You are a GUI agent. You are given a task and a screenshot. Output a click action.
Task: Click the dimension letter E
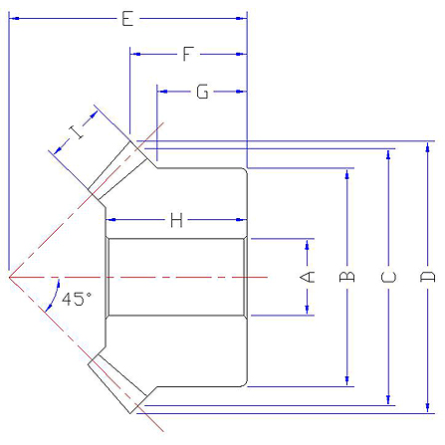click(x=127, y=19)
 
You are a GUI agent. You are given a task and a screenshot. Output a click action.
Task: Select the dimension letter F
click(x=188, y=54)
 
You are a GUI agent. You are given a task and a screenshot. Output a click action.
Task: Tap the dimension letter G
click(x=202, y=92)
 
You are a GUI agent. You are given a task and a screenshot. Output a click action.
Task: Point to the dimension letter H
click(x=176, y=220)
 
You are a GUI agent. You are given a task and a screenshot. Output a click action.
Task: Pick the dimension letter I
click(x=78, y=132)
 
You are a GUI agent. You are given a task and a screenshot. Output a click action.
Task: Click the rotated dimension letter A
click(x=308, y=277)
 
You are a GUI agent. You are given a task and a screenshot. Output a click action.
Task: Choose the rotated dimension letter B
click(x=347, y=277)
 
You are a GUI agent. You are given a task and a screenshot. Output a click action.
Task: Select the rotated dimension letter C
click(x=388, y=277)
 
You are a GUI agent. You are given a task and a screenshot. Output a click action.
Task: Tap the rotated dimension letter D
click(x=427, y=277)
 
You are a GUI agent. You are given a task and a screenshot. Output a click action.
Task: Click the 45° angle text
click(x=77, y=299)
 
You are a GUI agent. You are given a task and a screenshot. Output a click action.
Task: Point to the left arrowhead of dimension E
click(x=14, y=19)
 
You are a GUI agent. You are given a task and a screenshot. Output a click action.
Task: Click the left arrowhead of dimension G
click(x=162, y=92)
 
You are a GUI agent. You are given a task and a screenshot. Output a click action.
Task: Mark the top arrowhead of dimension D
click(x=428, y=146)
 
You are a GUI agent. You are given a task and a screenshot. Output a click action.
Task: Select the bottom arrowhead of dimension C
click(x=388, y=400)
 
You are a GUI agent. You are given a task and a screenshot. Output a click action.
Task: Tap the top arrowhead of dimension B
click(x=347, y=174)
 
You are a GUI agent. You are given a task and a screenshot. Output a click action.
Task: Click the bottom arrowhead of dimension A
click(x=308, y=310)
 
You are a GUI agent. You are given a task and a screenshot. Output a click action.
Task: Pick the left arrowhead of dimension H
click(x=111, y=220)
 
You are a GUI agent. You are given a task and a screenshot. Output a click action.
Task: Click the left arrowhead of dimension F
click(x=135, y=54)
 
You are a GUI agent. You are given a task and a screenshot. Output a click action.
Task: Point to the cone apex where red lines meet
click(x=9, y=277)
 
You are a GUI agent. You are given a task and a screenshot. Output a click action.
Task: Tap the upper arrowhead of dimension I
click(x=94, y=114)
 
